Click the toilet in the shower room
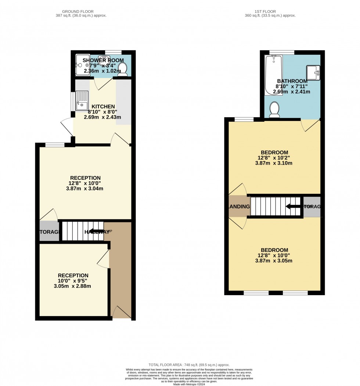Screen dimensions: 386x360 click(x=123, y=68)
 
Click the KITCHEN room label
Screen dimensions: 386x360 click(x=98, y=107)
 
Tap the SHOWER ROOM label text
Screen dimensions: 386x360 click(x=103, y=60)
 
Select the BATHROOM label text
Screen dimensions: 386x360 click(x=292, y=81)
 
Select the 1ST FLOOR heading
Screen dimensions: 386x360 click(x=270, y=11)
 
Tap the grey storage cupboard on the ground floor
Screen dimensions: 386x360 click(x=49, y=231)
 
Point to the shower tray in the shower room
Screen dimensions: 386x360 click(x=82, y=65)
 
